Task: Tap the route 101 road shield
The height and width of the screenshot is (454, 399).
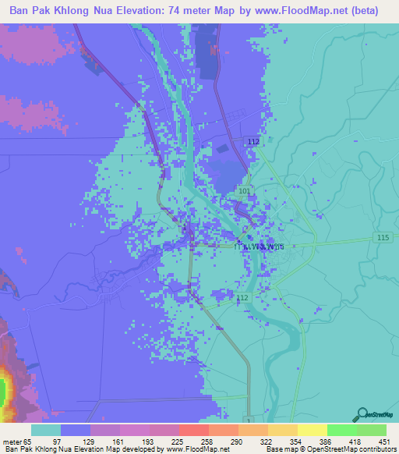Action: [245, 190]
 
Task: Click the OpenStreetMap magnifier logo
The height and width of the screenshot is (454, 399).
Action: [362, 414]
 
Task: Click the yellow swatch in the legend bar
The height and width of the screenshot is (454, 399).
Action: [312, 430]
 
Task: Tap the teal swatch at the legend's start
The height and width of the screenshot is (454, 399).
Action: [46, 430]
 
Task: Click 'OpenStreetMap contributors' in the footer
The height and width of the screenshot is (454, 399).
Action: [350, 449]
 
